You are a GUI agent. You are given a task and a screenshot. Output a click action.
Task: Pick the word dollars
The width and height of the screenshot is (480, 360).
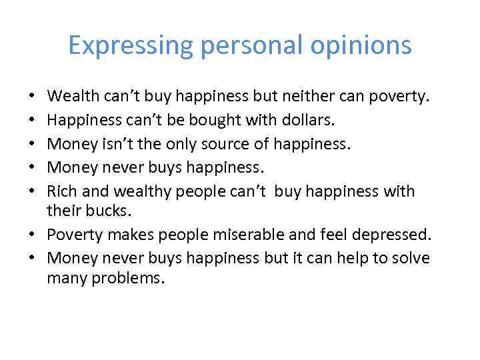coord(289,120)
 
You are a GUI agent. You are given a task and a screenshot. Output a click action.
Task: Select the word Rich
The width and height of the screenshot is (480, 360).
coord(61,191)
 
